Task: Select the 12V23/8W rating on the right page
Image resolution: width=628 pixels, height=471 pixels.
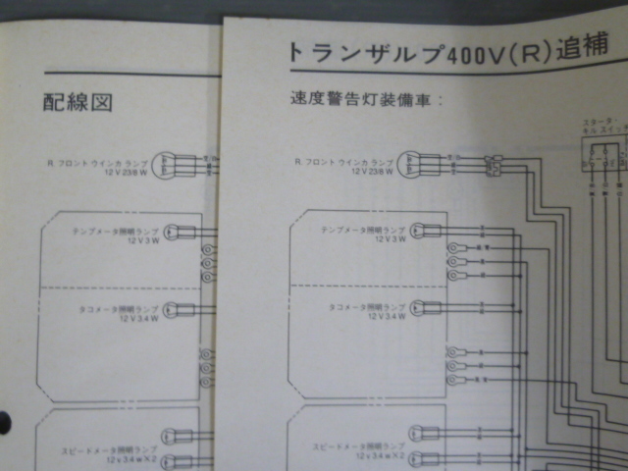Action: [x=370, y=171]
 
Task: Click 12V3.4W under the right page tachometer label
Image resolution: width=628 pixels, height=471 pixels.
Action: [x=380, y=317]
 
